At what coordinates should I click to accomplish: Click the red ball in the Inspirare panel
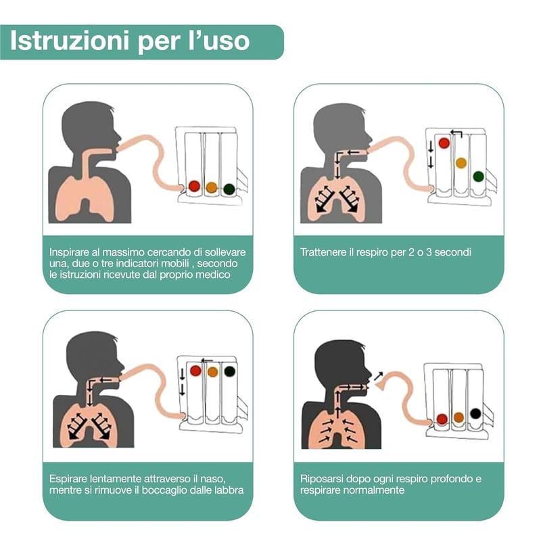coord(194,186)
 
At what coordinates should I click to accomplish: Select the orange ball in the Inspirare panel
coord(212,187)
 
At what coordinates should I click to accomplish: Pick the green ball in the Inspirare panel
coord(229,189)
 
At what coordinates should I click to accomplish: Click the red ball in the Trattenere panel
coord(444,143)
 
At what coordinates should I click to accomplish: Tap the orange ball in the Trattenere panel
coord(461,163)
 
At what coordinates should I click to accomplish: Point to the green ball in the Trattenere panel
coord(478,177)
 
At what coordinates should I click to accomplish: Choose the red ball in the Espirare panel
coord(195,371)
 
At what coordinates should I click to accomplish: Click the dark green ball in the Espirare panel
coord(229,371)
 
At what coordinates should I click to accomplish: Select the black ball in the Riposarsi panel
coord(475,413)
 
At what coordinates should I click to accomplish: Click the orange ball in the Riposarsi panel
coord(458,417)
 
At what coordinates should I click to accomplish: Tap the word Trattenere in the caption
coord(323,252)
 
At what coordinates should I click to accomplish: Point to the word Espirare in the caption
coord(68,479)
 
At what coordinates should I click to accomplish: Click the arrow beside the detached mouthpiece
coord(379,375)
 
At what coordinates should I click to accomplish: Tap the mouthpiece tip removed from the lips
coord(381,385)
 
